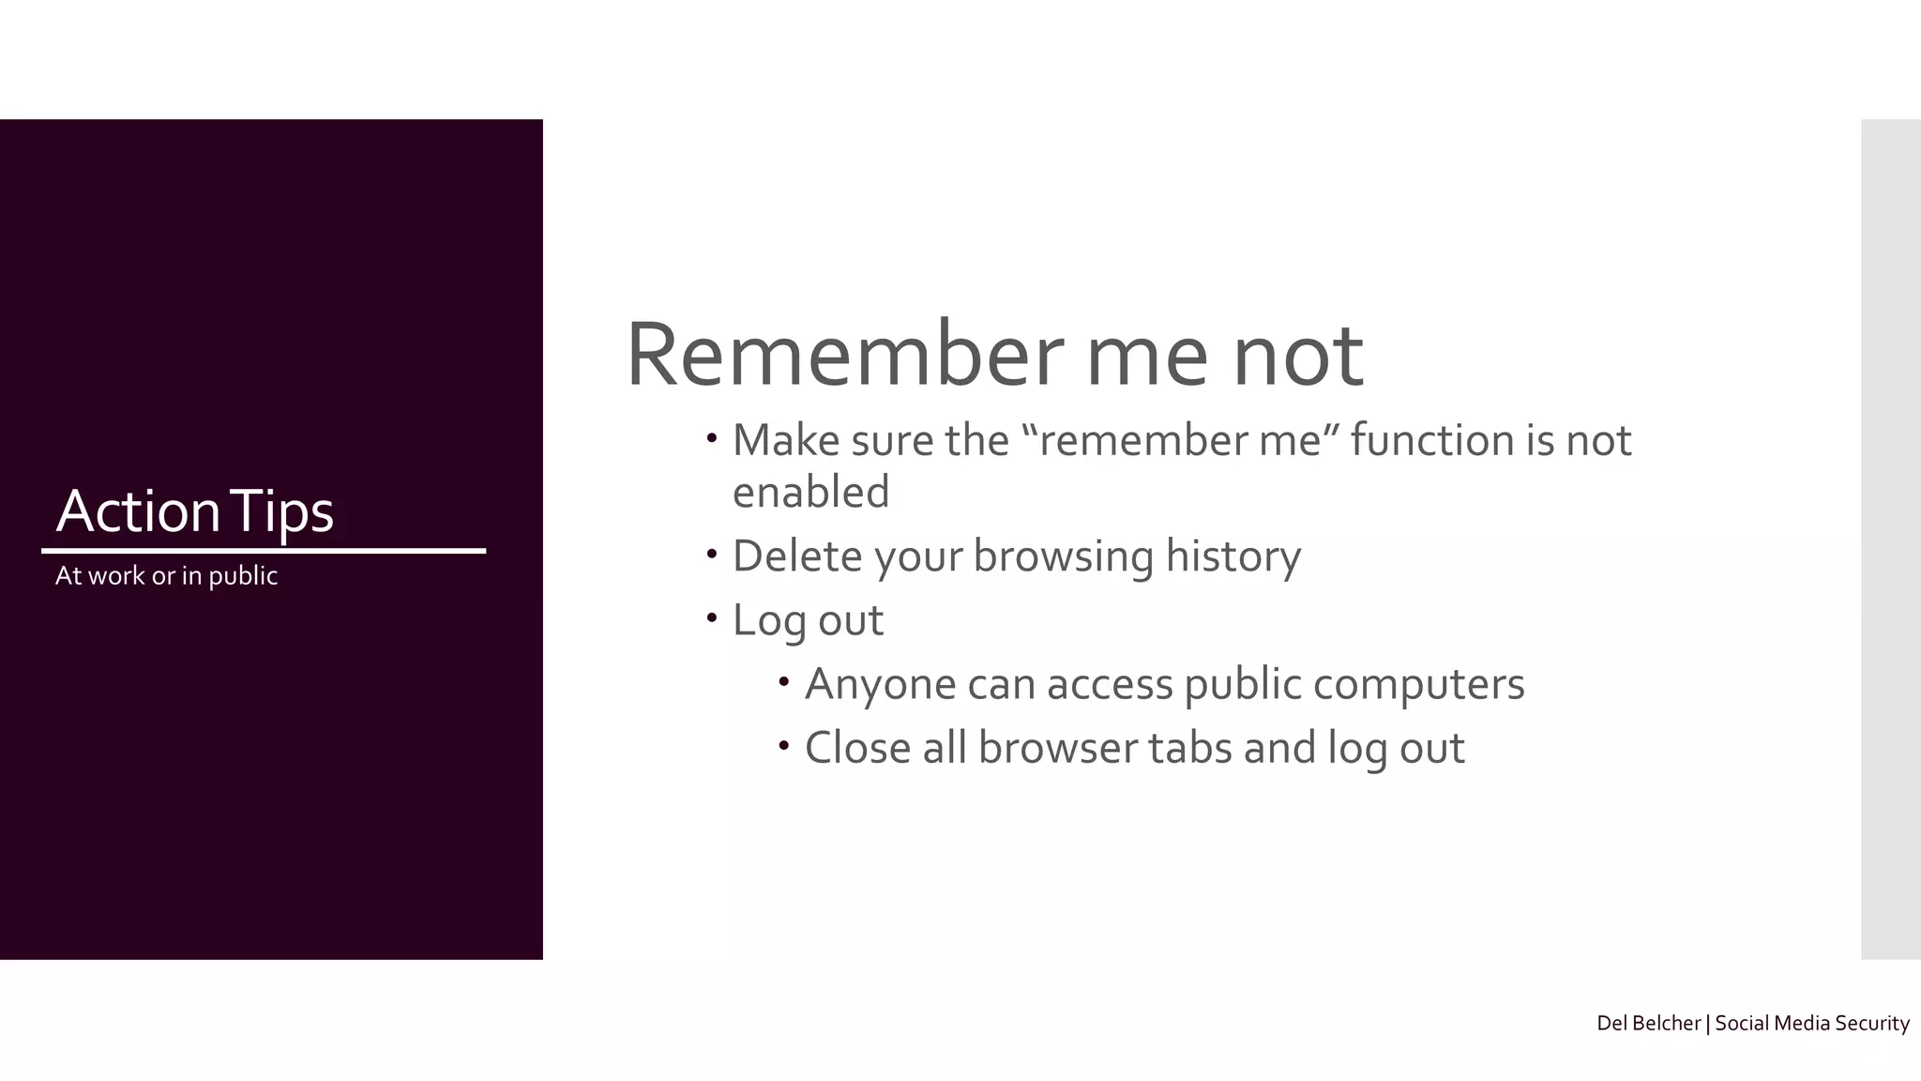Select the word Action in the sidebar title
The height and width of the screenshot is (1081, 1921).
click(138, 511)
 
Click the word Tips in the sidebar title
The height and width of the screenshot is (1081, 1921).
click(281, 512)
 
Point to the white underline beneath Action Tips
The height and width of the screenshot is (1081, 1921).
click(264, 551)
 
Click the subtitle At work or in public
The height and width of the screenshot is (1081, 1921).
click(166, 575)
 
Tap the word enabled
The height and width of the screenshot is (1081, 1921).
click(810, 492)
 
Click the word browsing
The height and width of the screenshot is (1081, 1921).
click(1063, 556)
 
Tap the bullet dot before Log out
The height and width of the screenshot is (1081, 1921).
click(712, 617)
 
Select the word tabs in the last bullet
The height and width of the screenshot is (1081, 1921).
click(1189, 748)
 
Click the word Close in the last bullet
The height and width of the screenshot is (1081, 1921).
click(857, 748)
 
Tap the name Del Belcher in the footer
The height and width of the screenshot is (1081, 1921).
click(1648, 1023)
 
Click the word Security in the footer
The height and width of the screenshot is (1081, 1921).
click(1871, 1023)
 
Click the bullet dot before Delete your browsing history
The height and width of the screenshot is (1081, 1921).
click(712, 554)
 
